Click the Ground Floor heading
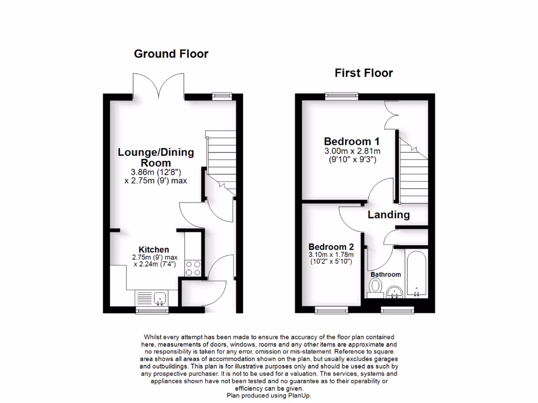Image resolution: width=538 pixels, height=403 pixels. coord(171,54)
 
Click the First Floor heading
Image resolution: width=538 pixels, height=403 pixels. coord(364,73)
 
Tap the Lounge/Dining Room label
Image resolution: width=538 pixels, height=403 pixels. coord(156,157)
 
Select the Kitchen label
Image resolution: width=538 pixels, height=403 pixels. coord(153,249)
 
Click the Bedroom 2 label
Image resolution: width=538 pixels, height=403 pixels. coord(331,247)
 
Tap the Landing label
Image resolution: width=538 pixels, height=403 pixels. coord(388,215)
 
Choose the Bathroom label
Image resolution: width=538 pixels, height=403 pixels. coord(386,274)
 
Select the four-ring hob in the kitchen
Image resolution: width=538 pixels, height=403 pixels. coord(193,268)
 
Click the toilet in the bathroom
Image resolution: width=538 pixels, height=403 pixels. coord(375,288)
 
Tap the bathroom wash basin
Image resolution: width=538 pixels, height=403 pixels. coord(394,292)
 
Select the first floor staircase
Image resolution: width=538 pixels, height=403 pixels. coord(413,168)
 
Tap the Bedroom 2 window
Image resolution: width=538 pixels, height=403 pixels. coord(331,310)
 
